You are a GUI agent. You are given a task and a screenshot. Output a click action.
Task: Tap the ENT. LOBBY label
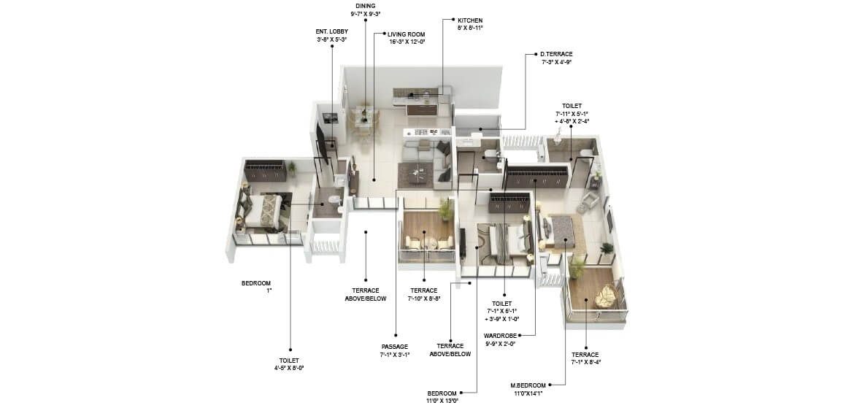331,31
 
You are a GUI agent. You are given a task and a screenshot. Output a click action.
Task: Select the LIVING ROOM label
406,34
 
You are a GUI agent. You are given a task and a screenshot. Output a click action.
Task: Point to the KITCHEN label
469,20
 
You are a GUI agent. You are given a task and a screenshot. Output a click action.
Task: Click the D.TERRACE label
556,54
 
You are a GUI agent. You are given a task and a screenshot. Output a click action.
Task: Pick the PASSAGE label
394,346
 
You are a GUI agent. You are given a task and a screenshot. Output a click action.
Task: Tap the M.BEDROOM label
531,385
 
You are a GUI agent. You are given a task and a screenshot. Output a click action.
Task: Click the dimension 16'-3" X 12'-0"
407,42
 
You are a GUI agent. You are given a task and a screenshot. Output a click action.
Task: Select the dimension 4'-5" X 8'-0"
289,369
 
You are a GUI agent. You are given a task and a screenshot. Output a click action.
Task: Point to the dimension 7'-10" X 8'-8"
423,299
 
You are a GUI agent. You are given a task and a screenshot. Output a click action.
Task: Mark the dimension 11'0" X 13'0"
443,401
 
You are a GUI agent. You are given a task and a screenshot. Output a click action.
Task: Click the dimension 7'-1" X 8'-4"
585,362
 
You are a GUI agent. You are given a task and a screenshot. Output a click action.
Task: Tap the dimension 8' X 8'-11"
470,28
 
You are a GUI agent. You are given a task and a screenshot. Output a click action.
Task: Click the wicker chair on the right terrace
605,296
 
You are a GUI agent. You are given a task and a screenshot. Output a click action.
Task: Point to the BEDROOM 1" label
256,286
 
